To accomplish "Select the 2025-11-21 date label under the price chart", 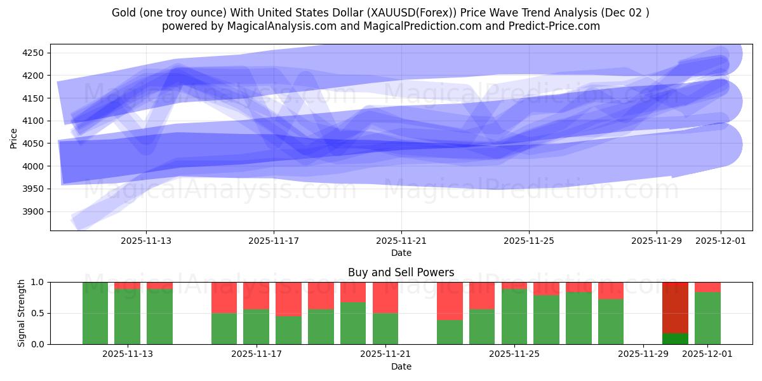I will tap(401, 241).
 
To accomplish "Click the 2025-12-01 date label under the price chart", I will tap(721, 241).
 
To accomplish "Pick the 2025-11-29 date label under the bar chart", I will tap(643, 354).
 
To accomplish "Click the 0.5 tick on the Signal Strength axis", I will tap(39, 313).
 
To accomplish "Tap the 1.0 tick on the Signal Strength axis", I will tap(39, 282).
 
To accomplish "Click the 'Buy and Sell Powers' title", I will tap(401, 272).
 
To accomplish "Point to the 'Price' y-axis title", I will tap(14, 138).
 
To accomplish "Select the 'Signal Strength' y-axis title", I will tap(22, 313).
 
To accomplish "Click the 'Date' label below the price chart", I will tap(401, 253).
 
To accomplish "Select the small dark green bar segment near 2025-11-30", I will tap(675, 338).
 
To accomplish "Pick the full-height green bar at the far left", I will tap(95, 313).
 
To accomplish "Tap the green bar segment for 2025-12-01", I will tap(707, 318).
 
